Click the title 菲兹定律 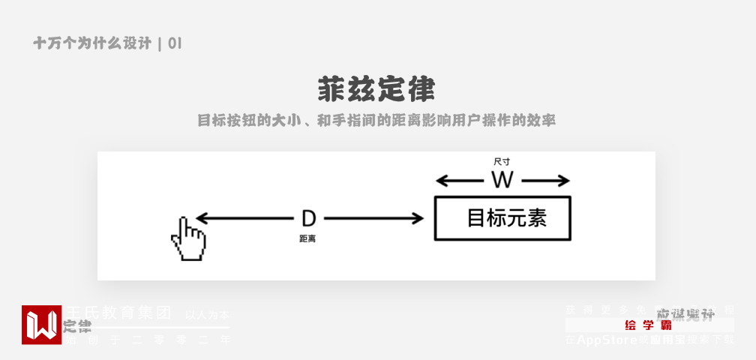click(376, 90)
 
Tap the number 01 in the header click(175, 43)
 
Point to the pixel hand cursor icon click(187, 239)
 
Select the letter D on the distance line click(308, 218)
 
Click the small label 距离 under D click(307, 238)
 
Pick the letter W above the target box click(502, 180)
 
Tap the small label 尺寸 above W click(502, 161)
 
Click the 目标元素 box click(502, 218)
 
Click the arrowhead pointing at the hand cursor click(201, 218)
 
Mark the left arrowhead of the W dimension click(442, 180)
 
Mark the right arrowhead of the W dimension click(563, 180)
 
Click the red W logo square click(41, 325)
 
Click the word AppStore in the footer click(607, 340)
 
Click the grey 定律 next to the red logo click(77, 326)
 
